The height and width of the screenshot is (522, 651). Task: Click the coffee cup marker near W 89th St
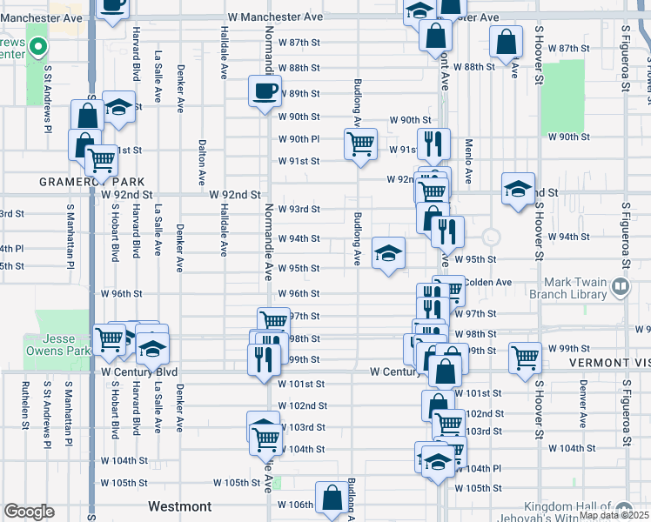point(265,90)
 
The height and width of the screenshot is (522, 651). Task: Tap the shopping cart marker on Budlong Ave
point(360,144)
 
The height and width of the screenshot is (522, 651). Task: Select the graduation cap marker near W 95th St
point(388,252)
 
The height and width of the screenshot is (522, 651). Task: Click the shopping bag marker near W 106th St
point(331,499)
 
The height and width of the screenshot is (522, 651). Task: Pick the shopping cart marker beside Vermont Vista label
point(525,358)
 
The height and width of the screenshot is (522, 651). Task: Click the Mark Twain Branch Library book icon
point(620,285)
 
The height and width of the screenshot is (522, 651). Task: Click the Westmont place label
point(179,506)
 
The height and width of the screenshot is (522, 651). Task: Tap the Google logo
point(29,512)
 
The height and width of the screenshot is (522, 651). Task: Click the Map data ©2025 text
point(614,515)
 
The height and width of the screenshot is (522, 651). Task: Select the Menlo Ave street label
point(468,161)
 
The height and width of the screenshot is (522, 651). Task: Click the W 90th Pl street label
point(299,139)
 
